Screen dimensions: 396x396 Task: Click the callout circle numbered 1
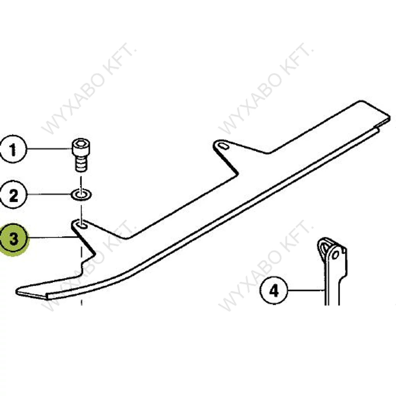click(x=13, y=149)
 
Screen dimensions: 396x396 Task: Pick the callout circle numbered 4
click(x=274, y=290)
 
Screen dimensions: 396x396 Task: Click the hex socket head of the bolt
click(x=80, y=145)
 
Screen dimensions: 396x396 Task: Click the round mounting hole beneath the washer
click(x=82, y=224)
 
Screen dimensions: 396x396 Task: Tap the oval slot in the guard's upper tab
click(x=223, y=146)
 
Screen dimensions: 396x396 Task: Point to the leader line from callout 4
click(x=306, y=290)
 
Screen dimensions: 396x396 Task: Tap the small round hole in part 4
click(x=335, y=254)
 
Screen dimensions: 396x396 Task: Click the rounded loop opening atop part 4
click(x=324, y=246)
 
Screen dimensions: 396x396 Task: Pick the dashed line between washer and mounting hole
click(x=81, y=210)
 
